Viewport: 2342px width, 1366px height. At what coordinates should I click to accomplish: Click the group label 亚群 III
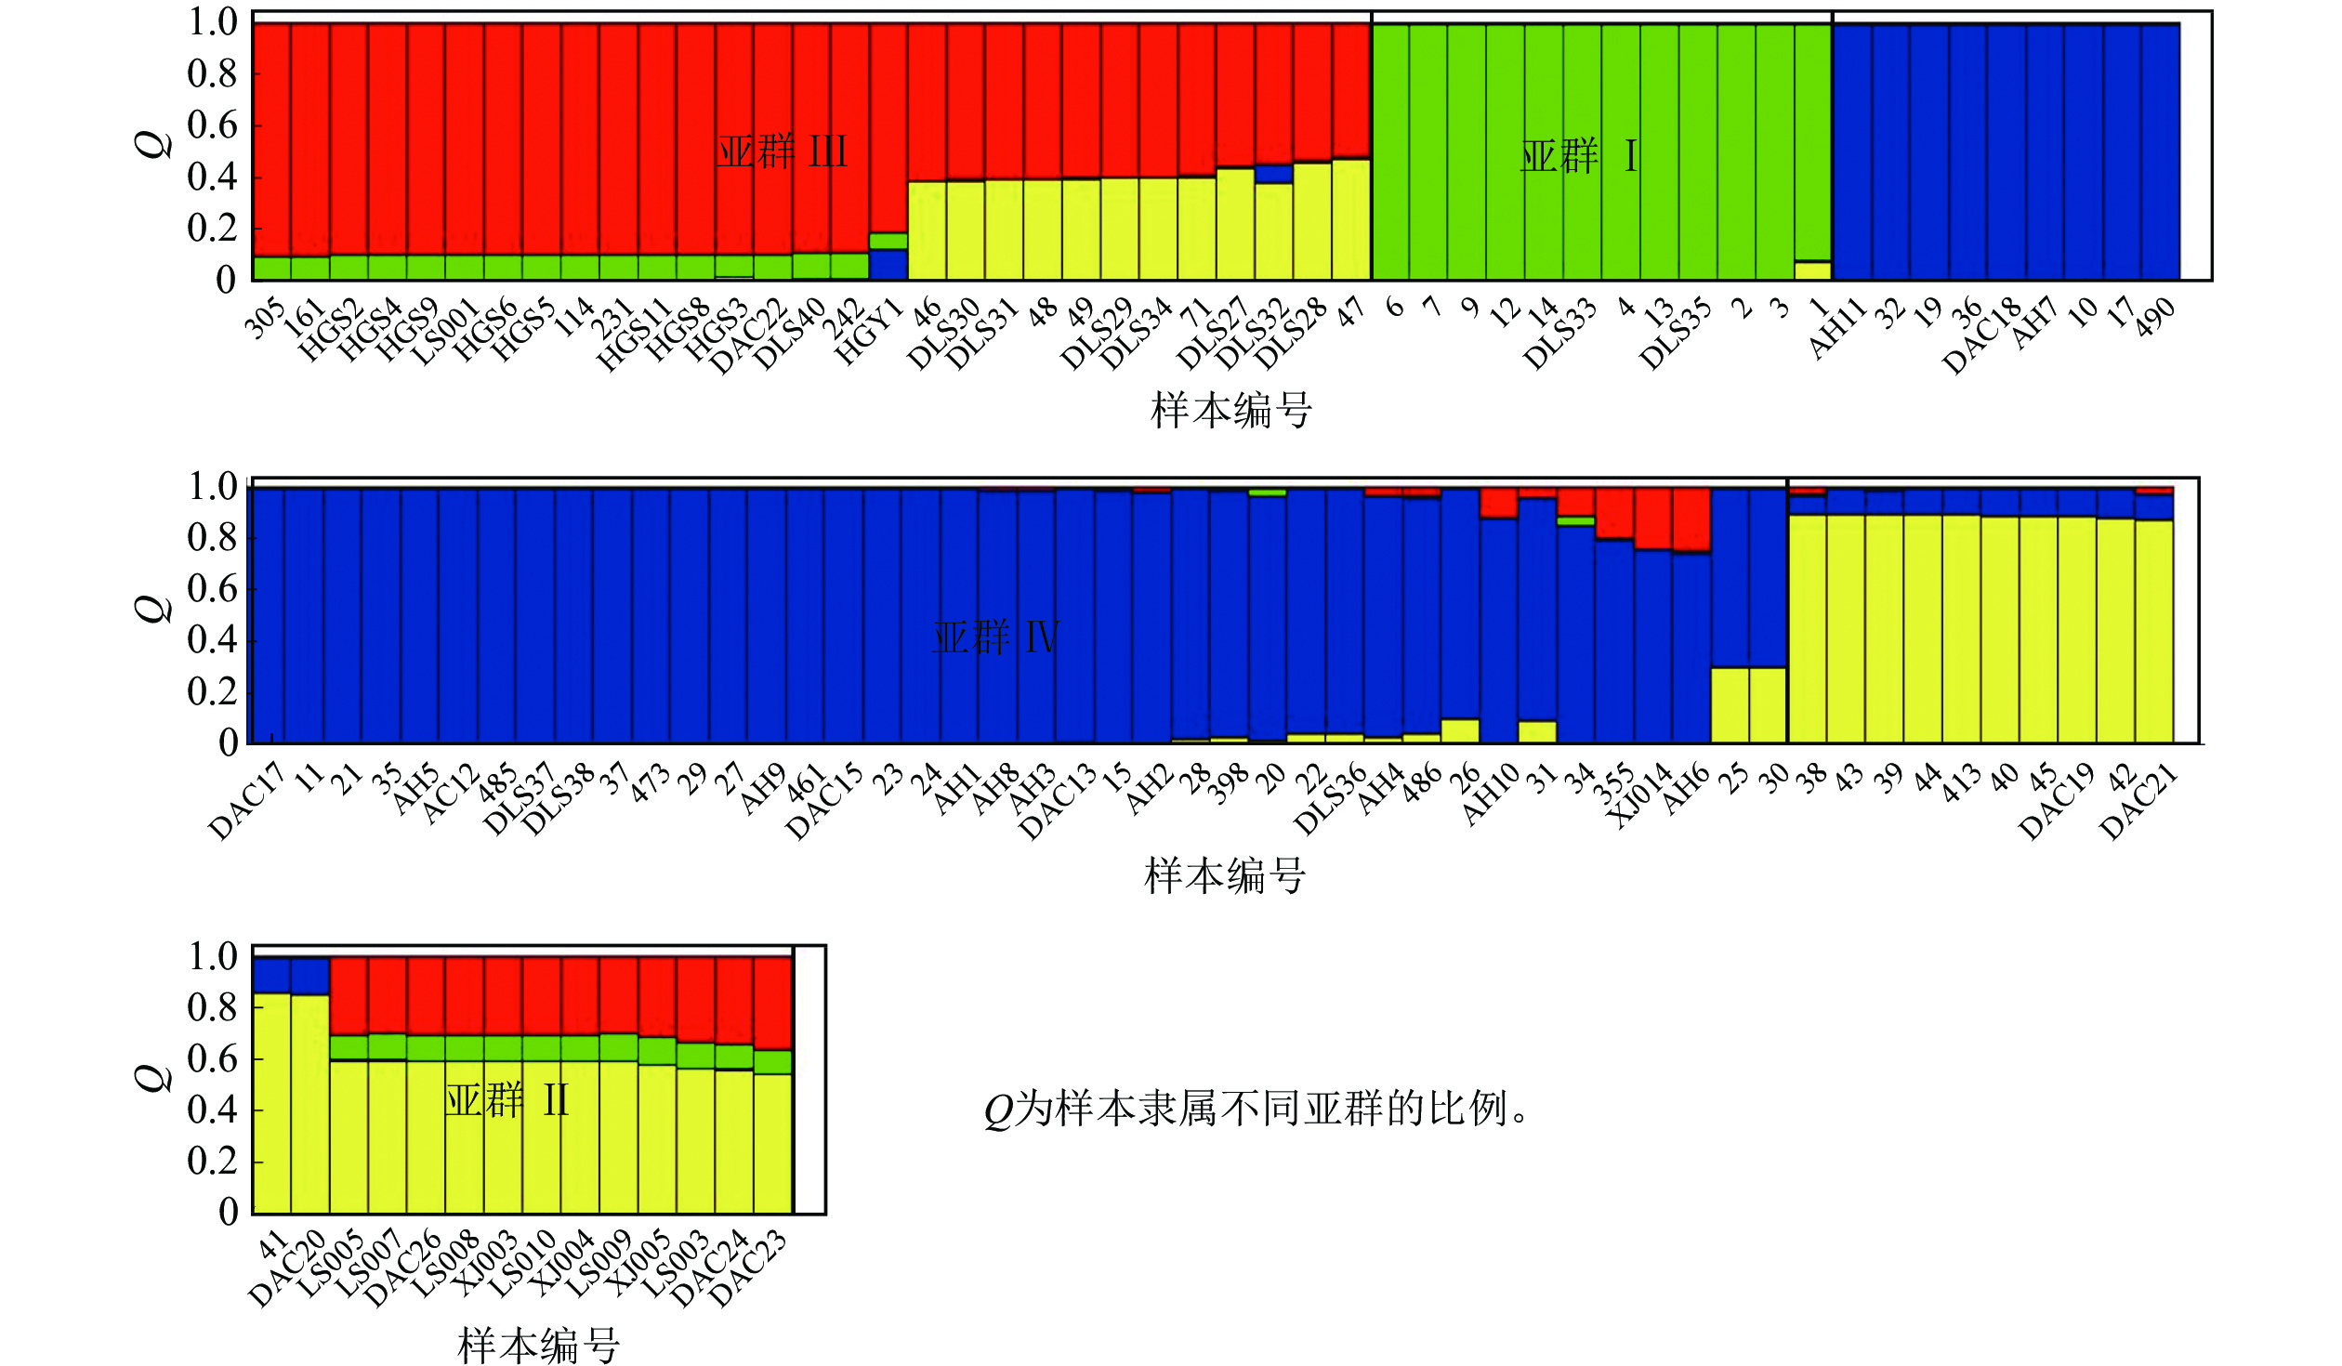pyautogui.click(x=782, y=151)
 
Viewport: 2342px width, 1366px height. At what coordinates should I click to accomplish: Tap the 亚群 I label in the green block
pyautogui.click(x=1577, y=156)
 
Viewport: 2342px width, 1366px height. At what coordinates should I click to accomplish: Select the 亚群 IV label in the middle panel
pyautogui.click(x=994, y=637)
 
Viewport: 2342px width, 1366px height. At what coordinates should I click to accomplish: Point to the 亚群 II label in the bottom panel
pyautogui.click(x=507, y=1100)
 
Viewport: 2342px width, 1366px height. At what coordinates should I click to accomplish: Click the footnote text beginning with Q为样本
pyautogui.click(x=1255, y=1109)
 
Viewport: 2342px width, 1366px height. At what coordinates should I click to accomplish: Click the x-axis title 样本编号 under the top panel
pyautogui.click(x=1230, y=410)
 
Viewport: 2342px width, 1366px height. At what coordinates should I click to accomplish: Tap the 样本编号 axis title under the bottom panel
pyautogui.click(x=538, y=1345)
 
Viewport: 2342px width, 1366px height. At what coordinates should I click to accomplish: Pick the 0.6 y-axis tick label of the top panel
pyautogui.click(x=212, y=125)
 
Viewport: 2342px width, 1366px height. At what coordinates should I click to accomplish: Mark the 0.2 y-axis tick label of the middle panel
pyautogui.click(x=213, y=691)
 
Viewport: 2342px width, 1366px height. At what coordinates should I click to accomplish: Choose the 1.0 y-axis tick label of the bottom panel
pyautogui.click(x=213, y=956)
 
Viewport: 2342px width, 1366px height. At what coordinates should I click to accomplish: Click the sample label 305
pyautogui.click(x=265, y=319)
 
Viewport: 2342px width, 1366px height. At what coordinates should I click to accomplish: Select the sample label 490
pyautogui.click(x=2154, y=318)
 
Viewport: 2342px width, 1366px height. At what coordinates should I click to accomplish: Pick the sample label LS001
pyautogui.click(x=444, y=333)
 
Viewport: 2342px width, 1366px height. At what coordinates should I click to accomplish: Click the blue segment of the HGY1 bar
pyautogui.click(x=888, y=265)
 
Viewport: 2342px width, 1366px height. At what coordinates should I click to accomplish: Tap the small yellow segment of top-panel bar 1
pyautogui.click(x=1812, y=270)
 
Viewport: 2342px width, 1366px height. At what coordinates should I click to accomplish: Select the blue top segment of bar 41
pyautogui.click(x=271, y=975)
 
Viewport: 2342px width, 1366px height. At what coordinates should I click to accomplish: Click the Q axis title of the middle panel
pyautogui.click(x=154, y=609)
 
